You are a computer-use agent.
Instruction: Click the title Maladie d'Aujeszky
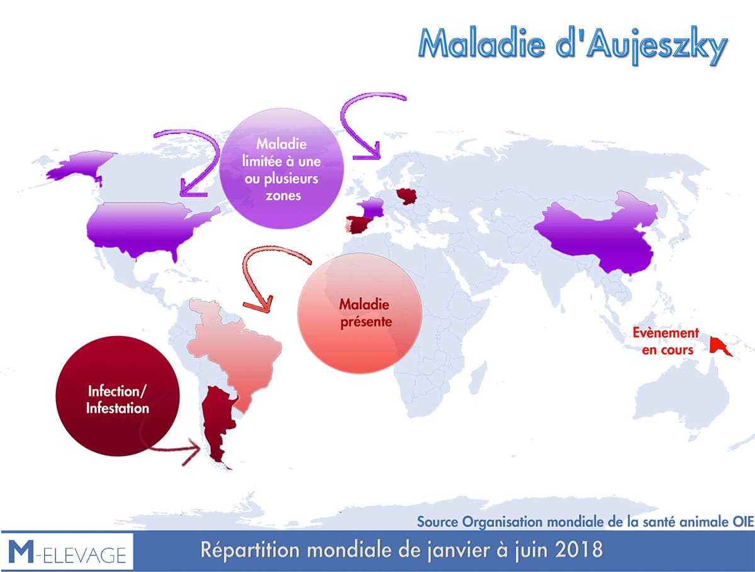coord(573,45)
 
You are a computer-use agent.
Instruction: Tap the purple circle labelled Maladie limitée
coord(281,169)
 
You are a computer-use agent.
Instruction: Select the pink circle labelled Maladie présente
coord(360,313)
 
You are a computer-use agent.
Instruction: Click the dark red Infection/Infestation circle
coord(118,396)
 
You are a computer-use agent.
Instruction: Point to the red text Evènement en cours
coord(666,341)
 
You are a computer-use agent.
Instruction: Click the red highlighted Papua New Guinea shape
coord(720,345)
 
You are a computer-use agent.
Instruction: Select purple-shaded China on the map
coord(598,234)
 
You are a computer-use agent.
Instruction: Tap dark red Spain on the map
coord(360,225)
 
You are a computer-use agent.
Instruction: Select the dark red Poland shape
coord(406,197)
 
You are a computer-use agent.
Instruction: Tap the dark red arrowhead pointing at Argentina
coord(193,451)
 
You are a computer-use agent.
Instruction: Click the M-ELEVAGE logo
coord(67,551)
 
